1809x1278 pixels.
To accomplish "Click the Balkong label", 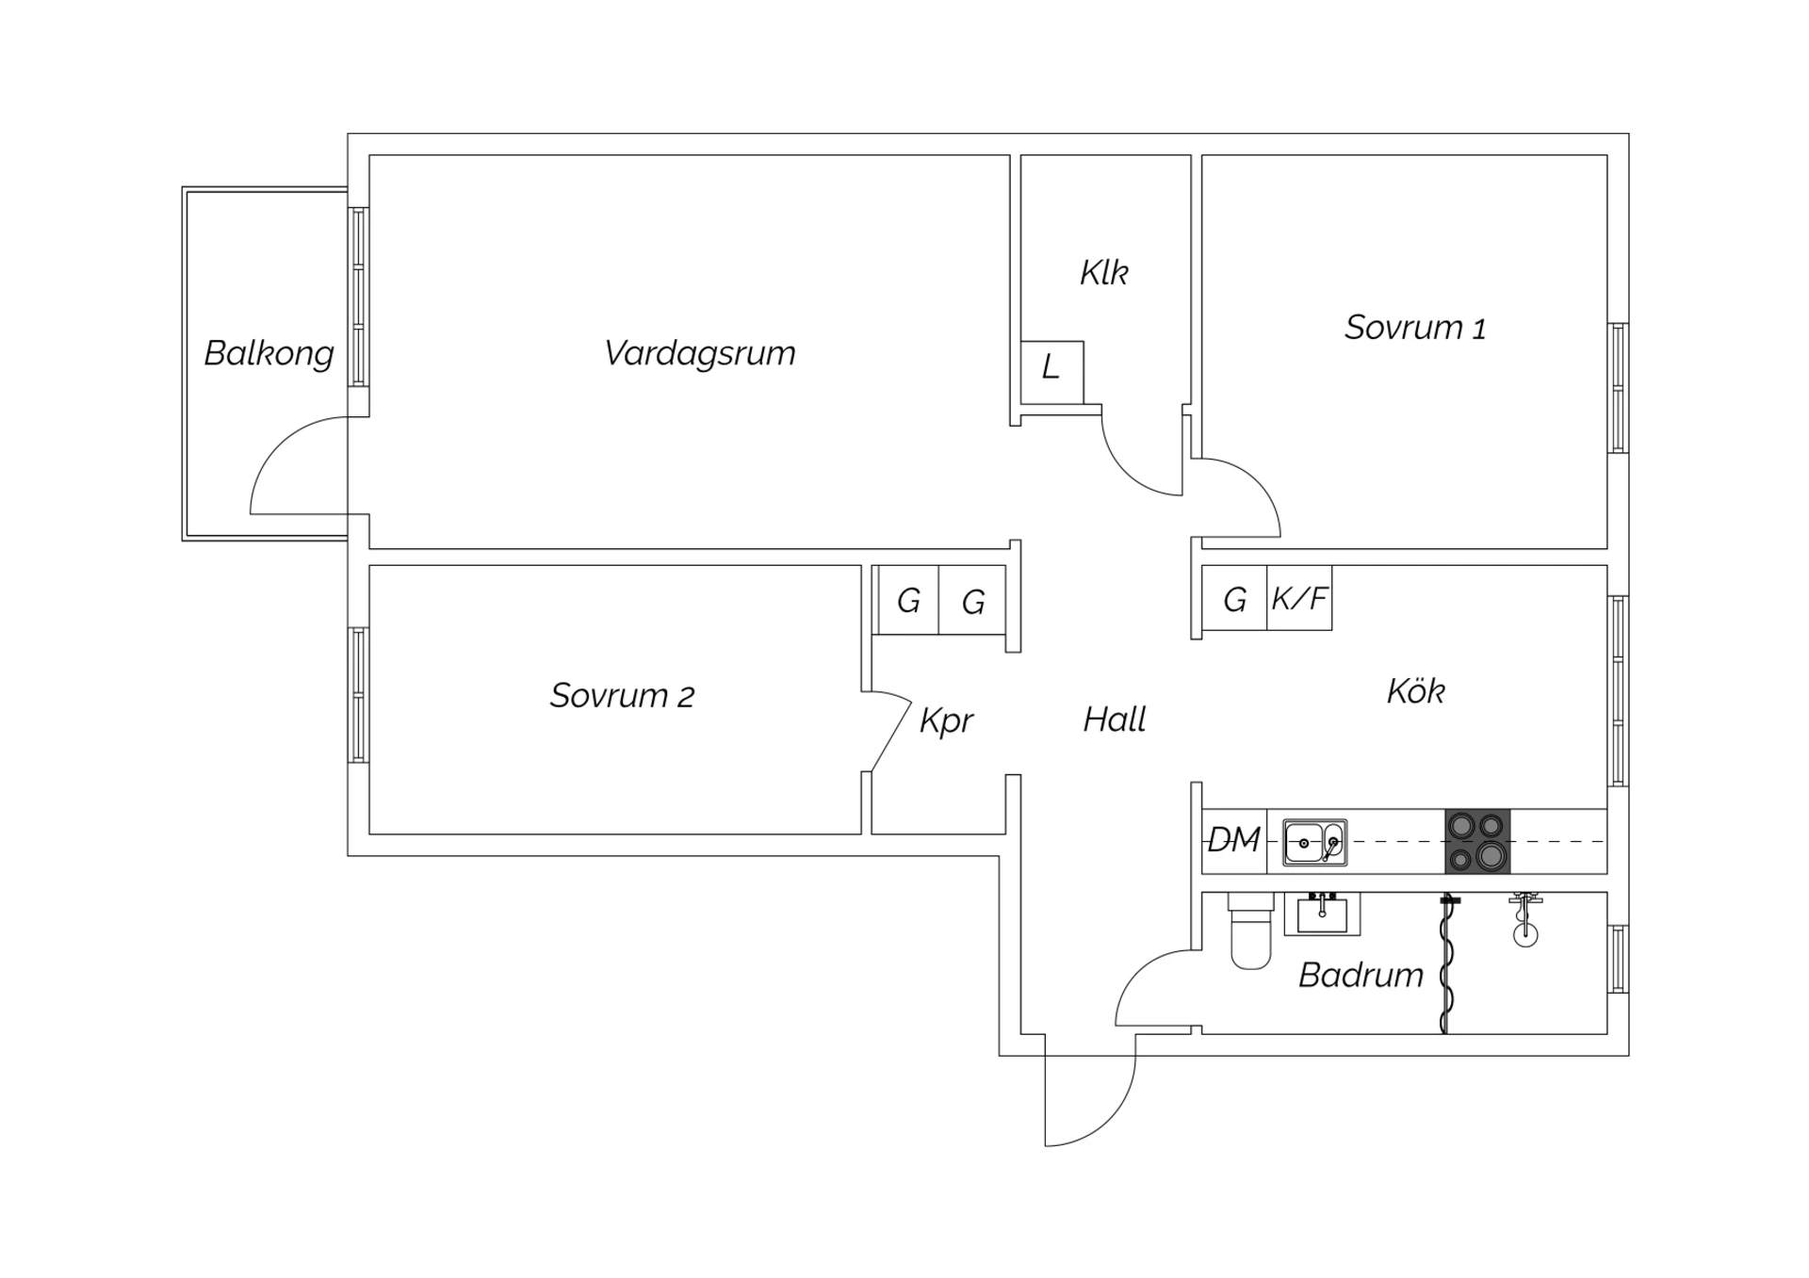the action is coord(269,354).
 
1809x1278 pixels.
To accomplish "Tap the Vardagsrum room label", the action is coord(700,353).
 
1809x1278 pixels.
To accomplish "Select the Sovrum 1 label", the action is coord(1415,328).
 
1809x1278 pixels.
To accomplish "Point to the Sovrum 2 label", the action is coord(622,696).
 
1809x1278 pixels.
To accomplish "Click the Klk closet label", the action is coord(1103,273).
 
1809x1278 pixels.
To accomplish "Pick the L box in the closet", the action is coord(1052,373).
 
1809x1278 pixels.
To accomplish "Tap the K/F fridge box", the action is coord(1299,598).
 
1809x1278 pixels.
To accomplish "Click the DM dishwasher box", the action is coord(1234,841).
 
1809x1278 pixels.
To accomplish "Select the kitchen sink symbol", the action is coord(1314,843).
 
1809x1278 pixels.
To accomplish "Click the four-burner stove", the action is coord(1477,841).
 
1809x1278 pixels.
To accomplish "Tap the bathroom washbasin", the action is coord(1323,914).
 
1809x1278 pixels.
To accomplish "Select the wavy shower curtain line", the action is coord(1446,963).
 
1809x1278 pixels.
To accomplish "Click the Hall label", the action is coord(1115,720).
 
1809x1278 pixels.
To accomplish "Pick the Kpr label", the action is coord(946,721).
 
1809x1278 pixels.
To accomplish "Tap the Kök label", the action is coord(1415,691).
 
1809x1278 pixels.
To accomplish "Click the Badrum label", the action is coord(1361,976).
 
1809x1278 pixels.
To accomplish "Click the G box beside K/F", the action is coord(1234,598).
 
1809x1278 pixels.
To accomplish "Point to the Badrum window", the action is coord(1618,959).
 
